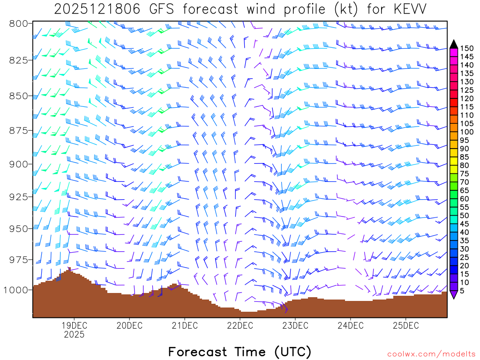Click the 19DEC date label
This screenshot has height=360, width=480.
pyautogui.click(x=74, y=325)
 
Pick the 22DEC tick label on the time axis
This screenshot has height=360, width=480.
pyautogui.click(x=239, y=325)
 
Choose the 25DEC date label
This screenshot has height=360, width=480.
pyautogui.click(x=405, y=325)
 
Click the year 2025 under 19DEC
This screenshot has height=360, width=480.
pyautogui.click(x=74, y=335)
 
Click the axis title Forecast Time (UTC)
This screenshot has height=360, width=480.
pyautogui.click(x=240, y=352)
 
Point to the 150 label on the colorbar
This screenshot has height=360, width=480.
pyautogui.click(x=466, y=48)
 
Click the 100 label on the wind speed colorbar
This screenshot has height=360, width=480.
pyautogui.click(x=466, y=132)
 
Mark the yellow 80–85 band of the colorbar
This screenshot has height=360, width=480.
pyautogui.click(x=454, y=161)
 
